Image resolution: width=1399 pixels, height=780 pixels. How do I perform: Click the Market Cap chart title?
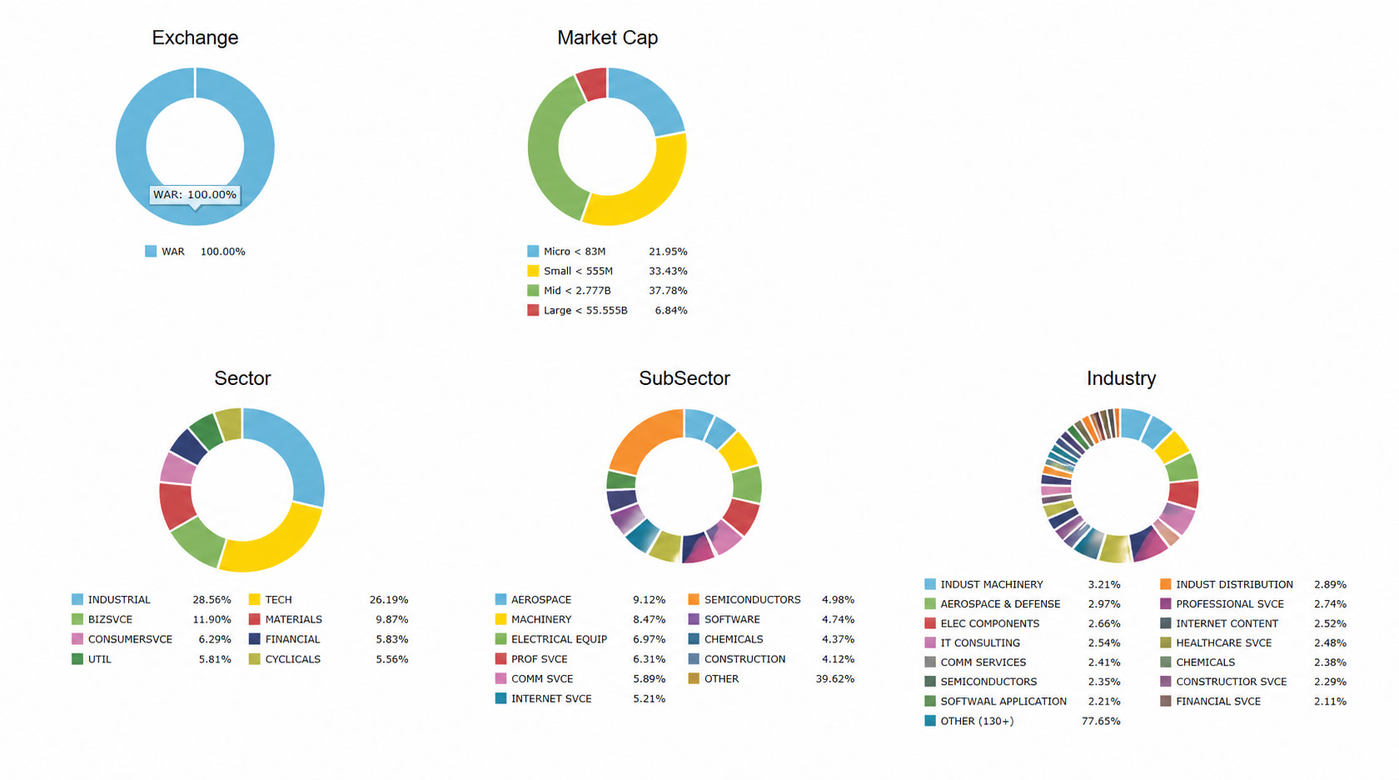(x=607, y=37)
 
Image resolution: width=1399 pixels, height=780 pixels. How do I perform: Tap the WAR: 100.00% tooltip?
(x=195, y=195)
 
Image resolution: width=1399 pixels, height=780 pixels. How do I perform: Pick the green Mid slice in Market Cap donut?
(x=551, y=150)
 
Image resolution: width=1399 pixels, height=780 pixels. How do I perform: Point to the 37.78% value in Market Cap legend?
(x=668, y=291)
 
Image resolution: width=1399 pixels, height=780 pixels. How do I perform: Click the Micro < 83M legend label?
(x=575, y=252)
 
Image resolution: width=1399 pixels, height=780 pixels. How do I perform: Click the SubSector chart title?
(x=684, y=378)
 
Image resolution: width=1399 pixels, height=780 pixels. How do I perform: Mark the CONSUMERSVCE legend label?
(x=130, y=639)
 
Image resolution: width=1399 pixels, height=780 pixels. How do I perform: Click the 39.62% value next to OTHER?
(x=835, y=678)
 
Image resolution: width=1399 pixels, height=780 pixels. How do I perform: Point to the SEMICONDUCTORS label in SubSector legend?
(x=753, y=599)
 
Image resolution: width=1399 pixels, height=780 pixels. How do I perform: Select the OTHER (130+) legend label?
(x=978, y=722)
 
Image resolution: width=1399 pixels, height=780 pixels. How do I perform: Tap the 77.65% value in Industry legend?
(x=1101, y=722)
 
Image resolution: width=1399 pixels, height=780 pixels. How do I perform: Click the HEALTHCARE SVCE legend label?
(x=1224, y=642)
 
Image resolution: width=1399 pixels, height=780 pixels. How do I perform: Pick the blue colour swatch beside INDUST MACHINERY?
(x=930, y=584)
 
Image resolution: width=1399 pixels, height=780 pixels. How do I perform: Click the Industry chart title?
(x=1121, y=378)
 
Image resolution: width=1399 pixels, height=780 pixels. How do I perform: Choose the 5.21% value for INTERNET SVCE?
(x=649, y=698)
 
